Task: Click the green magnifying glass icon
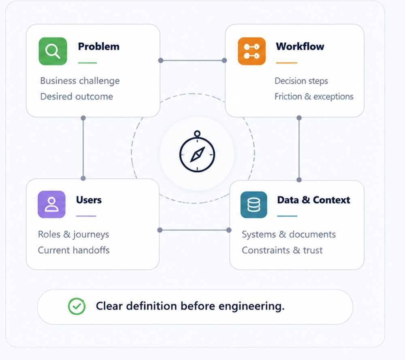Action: [x=53, y=51]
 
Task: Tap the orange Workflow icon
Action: [x=252, y=51]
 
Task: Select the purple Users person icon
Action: [x=51, y=204]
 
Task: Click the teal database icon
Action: [x=254, y=205]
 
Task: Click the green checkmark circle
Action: [x=77, y=306]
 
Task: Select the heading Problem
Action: [x=99, y=47]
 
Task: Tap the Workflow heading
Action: [x=300, y=47]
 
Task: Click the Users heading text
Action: [x=89, y=200]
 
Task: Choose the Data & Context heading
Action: [x=313, y=200]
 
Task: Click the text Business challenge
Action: [x=80, y=81]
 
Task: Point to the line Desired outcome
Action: [x=77, y=96]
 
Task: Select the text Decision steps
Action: [x=301, y=81]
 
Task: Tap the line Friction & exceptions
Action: [x=314, y=96]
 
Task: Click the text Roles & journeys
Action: [x=73, y=235]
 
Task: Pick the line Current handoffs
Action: [x=74, y=250]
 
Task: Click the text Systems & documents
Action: [x=288, y=235]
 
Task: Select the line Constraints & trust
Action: [x=282, y=251]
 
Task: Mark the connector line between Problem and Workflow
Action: [x=192, y=60]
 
